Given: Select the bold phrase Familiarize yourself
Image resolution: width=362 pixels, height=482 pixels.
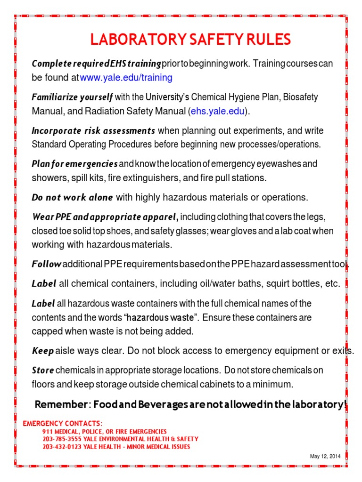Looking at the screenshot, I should (x=72, y=97).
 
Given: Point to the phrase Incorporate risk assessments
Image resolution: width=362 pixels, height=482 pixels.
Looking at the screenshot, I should (x=93, y=130).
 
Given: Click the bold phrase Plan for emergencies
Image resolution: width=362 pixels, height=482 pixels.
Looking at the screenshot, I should (x=74, y=164).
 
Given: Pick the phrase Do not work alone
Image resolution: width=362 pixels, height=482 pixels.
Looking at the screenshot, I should (x=72, y=197).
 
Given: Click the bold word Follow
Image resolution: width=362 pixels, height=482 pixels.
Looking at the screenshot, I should (x=46, y=264).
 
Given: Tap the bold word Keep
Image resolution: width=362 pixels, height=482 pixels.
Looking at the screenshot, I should (x=42, y=351).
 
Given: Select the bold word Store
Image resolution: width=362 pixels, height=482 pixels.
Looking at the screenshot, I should (x=43, y=370).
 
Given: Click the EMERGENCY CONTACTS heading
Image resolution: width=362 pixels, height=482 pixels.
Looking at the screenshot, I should (x=62, y=423).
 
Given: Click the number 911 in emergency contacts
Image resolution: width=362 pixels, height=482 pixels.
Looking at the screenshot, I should (x=48, y=431).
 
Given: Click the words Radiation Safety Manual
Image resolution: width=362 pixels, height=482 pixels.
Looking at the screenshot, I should (x=141, y=112).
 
